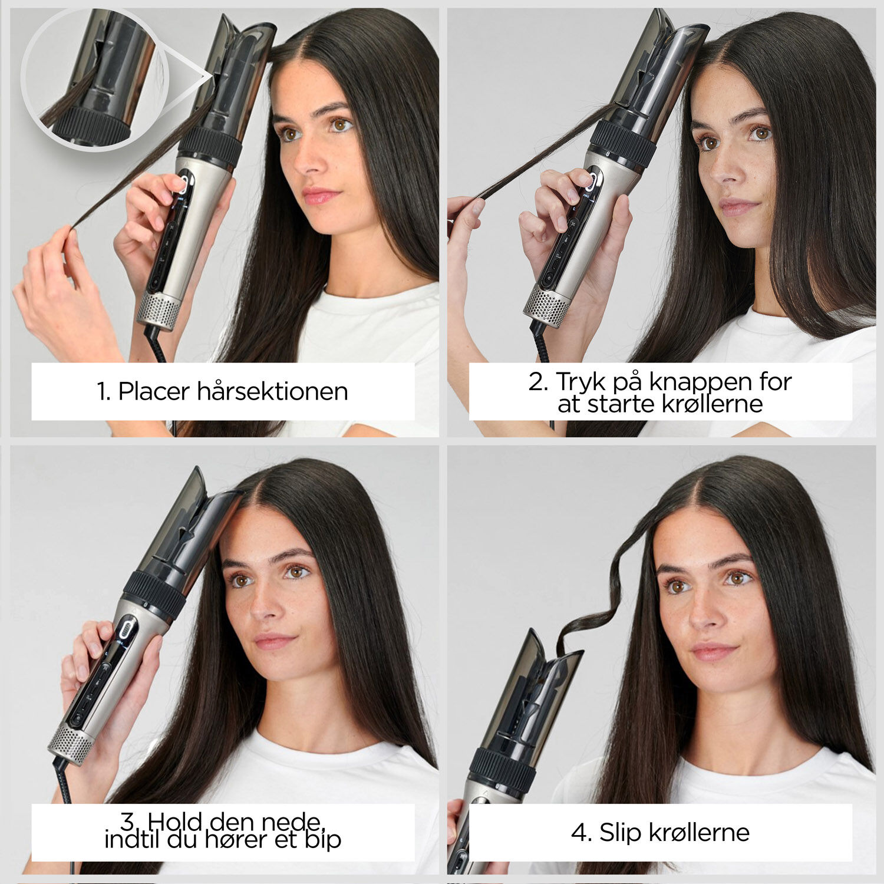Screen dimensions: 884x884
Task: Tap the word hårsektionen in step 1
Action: coord(272,391)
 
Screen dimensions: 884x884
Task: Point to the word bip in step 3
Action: coord(323,839)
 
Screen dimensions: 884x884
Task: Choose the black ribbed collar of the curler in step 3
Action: coord(154,594)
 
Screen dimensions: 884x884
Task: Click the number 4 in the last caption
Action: coord(580,833)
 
